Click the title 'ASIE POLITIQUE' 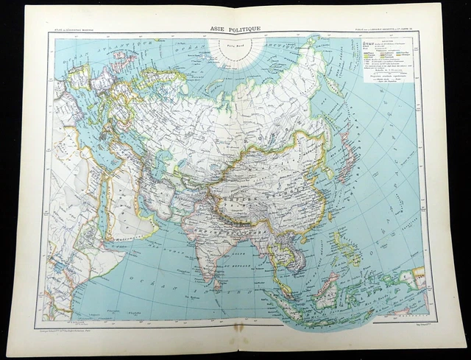[235, 29]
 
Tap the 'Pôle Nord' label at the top [237, 47]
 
